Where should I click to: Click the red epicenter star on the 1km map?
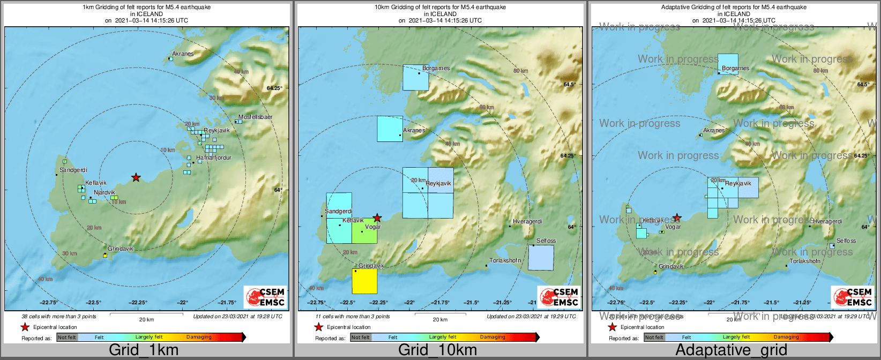(x=136, y=177)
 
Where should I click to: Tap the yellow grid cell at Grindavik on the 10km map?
(x=364, y=281)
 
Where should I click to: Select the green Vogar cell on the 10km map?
(x=364, y=231)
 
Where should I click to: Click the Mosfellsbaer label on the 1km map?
(x=256, y=117)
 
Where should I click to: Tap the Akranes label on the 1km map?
(x=183, y=54)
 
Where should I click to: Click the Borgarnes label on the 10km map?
(x=436, y=68)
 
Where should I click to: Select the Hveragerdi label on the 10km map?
(x=527, y=221)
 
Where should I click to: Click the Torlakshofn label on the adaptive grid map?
(x=805, y=261)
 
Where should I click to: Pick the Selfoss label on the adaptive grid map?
(x=846, y=241)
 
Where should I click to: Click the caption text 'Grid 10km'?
(x=437, y=350)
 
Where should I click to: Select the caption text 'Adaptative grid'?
(x=731, y=350)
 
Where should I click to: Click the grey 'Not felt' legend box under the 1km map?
(x=67, y=337)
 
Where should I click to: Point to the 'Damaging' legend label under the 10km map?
(x=492, y=337)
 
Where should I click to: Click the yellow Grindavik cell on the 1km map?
(x=105, y=256)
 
